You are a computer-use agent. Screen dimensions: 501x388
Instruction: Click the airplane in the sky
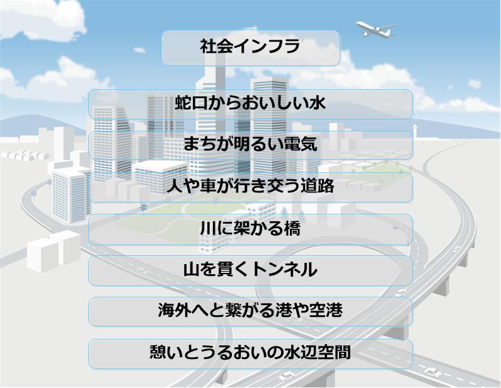[x=376, y=30]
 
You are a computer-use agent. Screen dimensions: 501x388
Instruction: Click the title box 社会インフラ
[x=251, y=48]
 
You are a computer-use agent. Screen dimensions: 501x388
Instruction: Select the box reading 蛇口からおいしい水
[x=251, y=104]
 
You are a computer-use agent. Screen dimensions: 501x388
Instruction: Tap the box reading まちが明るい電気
[x=251, y=145]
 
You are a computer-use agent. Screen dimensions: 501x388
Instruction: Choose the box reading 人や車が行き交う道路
[x=251, y=187]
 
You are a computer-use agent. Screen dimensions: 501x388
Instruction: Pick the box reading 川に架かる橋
[x=251, y=230]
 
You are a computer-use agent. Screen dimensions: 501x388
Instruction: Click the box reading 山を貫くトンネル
[x=251, y=270]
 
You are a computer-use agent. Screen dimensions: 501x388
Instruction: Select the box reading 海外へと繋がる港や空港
[x=251, y=311]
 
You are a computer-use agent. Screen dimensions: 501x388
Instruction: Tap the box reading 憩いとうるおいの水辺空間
[x=251, y=354]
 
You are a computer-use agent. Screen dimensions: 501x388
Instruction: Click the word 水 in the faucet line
[x=317, y=103]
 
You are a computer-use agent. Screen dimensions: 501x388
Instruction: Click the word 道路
[x=318, y=186]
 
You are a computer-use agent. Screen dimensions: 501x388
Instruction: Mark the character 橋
[x=292, y=228]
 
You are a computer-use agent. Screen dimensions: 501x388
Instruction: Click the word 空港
[x=326, y=310]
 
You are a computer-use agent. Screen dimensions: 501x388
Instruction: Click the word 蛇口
[x=192, y=103]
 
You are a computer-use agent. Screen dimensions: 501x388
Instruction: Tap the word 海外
[x=175, y=310]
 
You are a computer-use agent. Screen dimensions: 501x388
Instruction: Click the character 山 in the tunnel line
[x=192, y=270]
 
